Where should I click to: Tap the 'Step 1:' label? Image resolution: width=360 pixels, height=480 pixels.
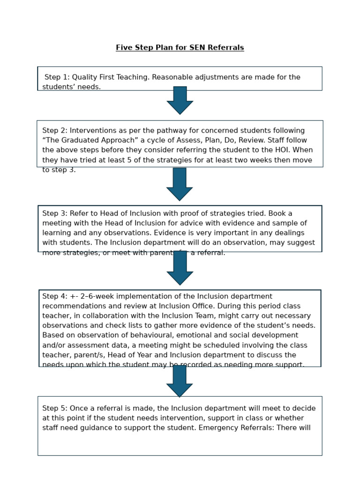pos(57,77)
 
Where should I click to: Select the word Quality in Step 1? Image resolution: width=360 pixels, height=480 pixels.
pos(85,77)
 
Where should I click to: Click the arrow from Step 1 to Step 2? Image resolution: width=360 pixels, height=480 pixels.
pos(180,100)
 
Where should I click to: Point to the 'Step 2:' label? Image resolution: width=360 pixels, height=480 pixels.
pos(55,131)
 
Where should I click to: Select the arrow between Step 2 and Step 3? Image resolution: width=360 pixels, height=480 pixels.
pos(180,184)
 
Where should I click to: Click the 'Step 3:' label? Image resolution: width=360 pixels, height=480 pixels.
pos(55,214)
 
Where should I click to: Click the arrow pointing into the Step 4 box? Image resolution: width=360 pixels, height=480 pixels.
pos(180,268)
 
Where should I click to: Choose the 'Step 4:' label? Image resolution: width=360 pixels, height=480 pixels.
pos(55,297)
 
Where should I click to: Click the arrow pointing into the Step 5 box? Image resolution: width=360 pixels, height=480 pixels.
pos(180,381)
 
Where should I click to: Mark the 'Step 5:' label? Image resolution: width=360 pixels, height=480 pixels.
pos(55,409)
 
